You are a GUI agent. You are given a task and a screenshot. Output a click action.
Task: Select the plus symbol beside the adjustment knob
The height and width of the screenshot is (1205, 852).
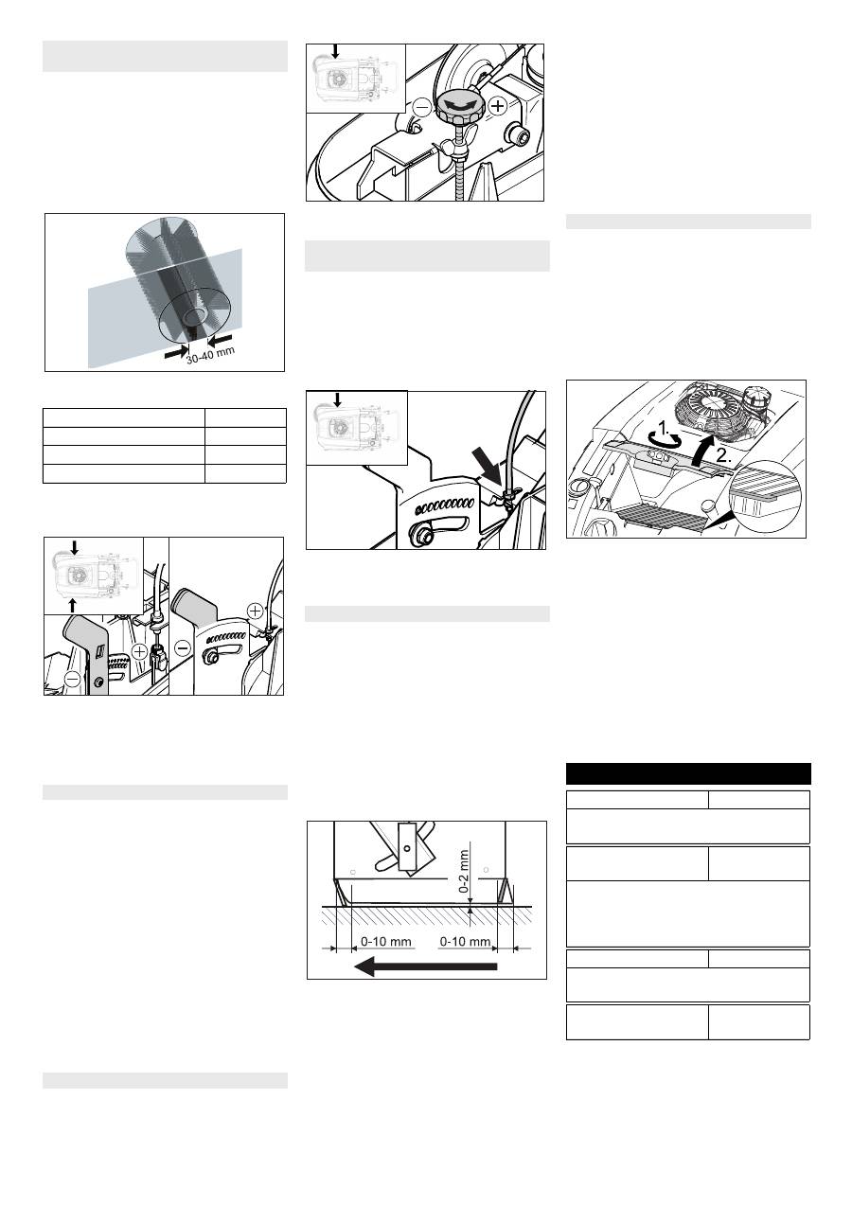click(x=499, y=105)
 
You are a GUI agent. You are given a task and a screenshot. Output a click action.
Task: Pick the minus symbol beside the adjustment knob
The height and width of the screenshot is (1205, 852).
click(x=423, y=107)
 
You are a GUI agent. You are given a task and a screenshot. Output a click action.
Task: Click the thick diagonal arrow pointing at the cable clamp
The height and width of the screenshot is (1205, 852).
click(x=487, y=467)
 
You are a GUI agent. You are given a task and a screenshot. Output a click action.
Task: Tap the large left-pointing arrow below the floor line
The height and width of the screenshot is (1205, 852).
click(x=425, y=966)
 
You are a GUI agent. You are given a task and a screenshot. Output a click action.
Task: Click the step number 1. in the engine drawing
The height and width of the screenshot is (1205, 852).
click(x=665, y=428)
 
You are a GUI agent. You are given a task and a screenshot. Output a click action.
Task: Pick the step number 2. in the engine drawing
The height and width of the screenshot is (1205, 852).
click(x=724, y=456)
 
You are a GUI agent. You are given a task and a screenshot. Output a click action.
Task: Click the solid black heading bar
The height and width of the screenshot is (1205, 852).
click(x=688, y=773)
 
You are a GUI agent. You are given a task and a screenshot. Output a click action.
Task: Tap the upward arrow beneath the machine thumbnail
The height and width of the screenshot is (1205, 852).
click(x=74, y=606)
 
